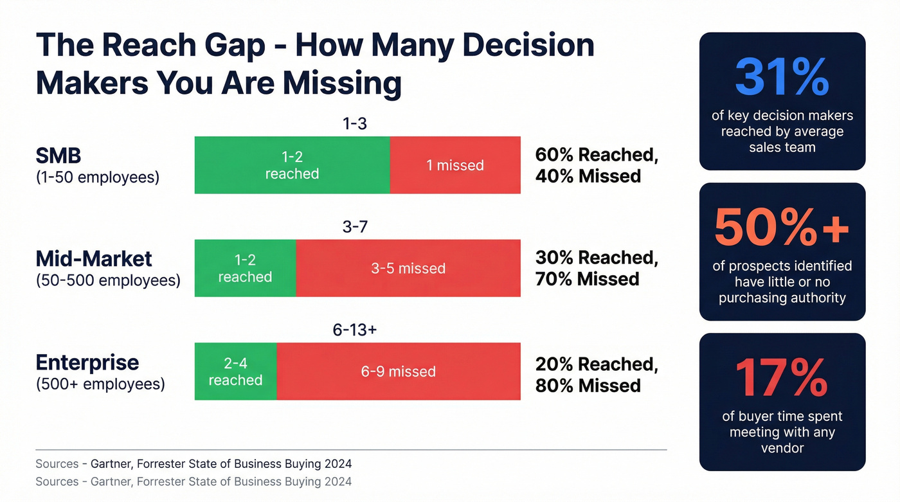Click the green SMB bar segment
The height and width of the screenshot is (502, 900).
[292, 165]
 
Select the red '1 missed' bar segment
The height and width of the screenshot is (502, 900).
[455, 165]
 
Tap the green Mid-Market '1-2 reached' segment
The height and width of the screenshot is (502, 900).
[245, 268]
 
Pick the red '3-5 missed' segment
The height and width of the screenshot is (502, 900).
[408, 268]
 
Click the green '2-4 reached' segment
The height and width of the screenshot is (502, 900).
[235, 372]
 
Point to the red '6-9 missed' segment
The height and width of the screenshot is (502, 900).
[399, 372]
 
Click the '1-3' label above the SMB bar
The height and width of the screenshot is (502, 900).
[354, 124]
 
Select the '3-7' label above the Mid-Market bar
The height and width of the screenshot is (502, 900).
[354, 227]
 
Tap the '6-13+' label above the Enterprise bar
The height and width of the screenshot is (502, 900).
[354, 330]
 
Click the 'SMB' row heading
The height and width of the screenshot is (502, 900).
[59, 156]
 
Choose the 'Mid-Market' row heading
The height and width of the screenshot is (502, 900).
[94, 258]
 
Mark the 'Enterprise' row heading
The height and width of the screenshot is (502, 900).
[87, 362]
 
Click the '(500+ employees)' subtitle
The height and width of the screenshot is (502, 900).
[100, 384]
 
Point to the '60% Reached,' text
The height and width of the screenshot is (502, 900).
[597, 154]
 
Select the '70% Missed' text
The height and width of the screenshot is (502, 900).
[588, 279]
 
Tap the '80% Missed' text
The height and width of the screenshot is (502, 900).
[588, 386]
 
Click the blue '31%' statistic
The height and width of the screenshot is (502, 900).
[782, 77]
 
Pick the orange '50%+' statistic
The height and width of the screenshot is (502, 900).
[782, 228]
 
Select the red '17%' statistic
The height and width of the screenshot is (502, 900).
[782, 378]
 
